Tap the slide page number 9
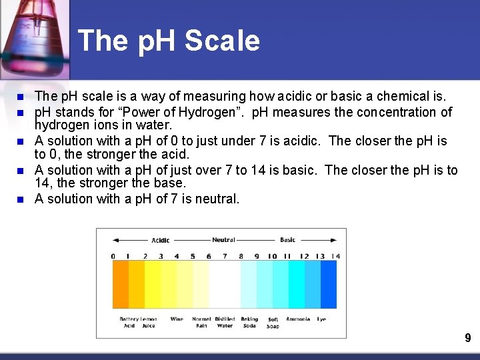click(x=468, y=339)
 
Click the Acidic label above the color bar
click(x=161, y=240)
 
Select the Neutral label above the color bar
click(x=223, y=240)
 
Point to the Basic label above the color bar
click(x=288, y=240)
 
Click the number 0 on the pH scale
click(x=113, y=256)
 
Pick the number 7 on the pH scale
click(x=225, y=256)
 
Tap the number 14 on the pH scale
click(x=335, y=256)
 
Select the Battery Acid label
click(x=129, y=322)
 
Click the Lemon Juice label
click(x=149, y=322)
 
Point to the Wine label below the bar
click(x=177, y=319)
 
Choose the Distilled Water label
click(x=225, y=322)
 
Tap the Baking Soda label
click(x=249, y=322)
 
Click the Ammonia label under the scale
click(x=297, y=319)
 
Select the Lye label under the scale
click(x=321, y=319)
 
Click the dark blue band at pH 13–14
click(x=327, y=284)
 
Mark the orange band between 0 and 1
click(x=121, y=284)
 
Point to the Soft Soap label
click(x=273, y=323)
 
